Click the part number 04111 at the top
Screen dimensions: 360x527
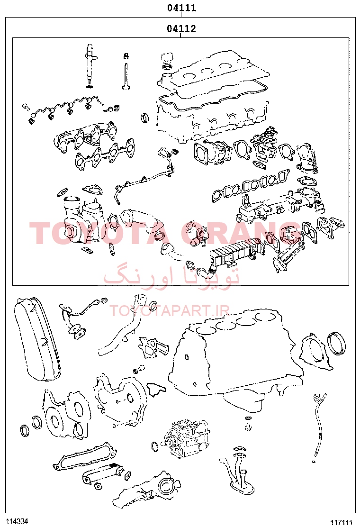tap(181, 8)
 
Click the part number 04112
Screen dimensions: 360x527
tap(181, 28)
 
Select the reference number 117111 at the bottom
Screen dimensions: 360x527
tap(342, 522)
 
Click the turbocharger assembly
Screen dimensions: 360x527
tap(82, 218)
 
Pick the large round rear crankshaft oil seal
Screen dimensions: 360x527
tap(337, 343)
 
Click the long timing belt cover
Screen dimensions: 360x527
tap(37, 339)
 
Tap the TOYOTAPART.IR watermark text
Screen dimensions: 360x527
tap(169, 310)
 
